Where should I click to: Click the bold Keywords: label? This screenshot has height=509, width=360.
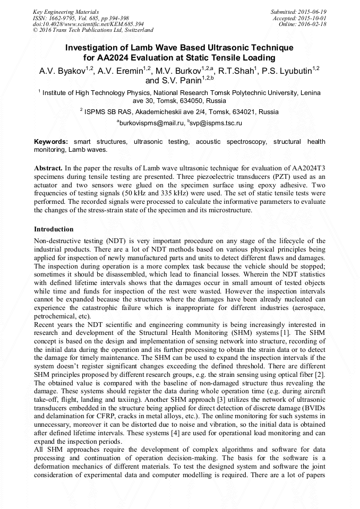coord(51,142)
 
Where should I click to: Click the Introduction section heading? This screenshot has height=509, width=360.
coord(54,229)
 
